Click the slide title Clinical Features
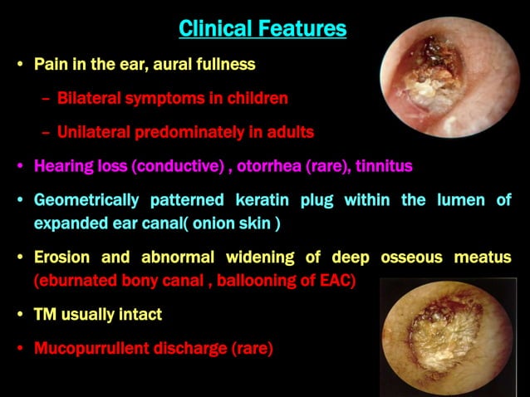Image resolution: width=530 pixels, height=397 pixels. coord(263,29)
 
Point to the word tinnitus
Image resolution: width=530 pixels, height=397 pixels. coord(384,165)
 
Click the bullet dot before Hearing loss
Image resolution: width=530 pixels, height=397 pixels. coord(20,166)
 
